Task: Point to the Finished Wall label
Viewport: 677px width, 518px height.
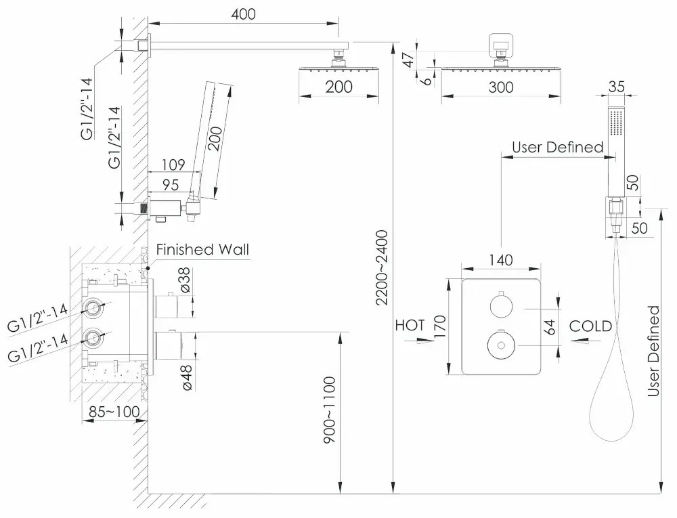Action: coord(202,250)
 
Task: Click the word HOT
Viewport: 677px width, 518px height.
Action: coord(410,326)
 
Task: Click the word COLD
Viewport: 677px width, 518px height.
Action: coord(590,326)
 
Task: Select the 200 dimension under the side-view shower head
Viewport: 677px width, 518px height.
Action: coord(338,87)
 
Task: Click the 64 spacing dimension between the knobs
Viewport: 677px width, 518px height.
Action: coord(550,328)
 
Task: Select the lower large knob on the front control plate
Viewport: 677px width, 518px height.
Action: coord(500,345)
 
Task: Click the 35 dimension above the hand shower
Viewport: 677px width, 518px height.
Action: coord(616,86)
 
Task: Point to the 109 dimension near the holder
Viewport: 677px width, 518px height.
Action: coord(173,165)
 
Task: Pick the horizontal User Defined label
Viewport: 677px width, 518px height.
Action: coord(557,147)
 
